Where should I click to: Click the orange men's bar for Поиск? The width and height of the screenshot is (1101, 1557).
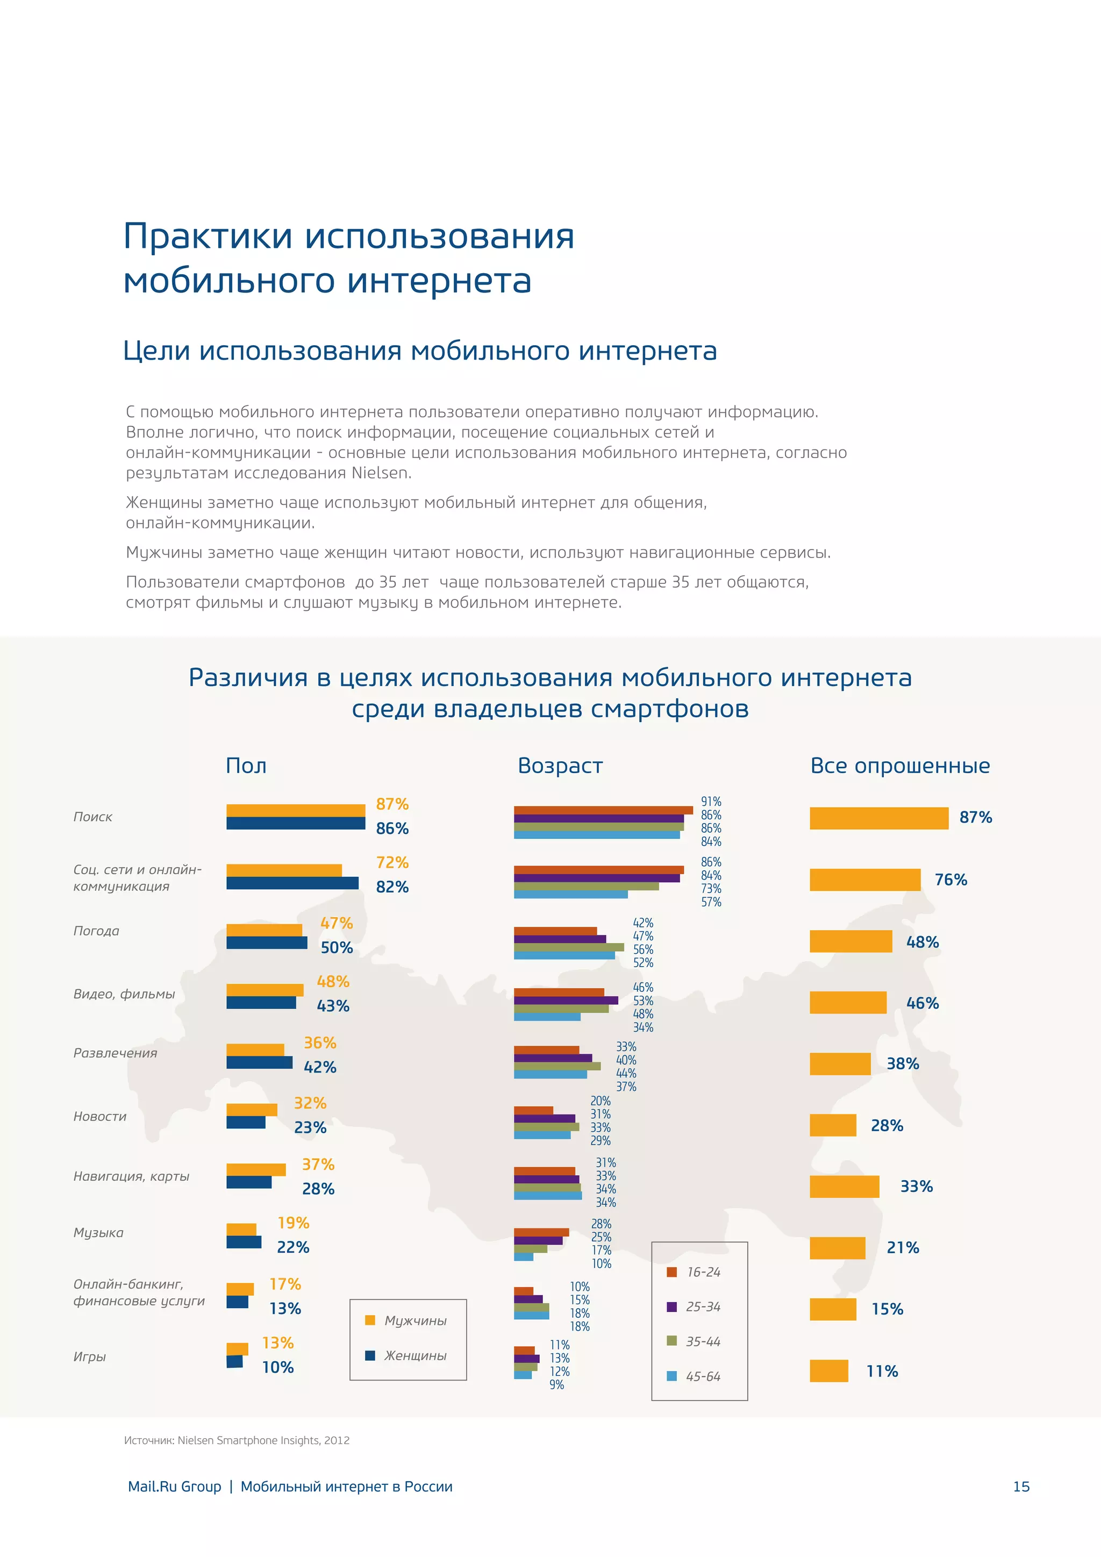click(296, 810)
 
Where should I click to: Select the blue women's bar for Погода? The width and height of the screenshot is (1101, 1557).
click(267, 942)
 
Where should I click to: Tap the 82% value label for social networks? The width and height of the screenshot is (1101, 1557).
click(392, 887)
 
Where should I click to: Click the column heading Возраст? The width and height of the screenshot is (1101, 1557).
click(560, 766)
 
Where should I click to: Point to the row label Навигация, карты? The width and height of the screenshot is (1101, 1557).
click(131, 1176)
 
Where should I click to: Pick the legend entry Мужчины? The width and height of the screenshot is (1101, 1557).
click(415, 1320)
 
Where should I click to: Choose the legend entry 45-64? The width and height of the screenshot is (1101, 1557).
click(702, 1376)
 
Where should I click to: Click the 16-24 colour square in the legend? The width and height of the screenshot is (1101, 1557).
click(672, 1272)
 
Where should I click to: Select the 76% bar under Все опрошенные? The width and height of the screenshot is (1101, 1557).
click(864, 880)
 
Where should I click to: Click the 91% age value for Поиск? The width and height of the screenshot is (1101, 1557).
click(711, 802)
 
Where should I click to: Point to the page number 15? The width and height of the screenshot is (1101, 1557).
click(1020, 1487)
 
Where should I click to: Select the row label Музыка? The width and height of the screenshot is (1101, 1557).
click(98, 1232)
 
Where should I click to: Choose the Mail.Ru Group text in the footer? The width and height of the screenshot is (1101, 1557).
click(174, 1487)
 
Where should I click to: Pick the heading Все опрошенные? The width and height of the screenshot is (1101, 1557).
click(899, 766)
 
